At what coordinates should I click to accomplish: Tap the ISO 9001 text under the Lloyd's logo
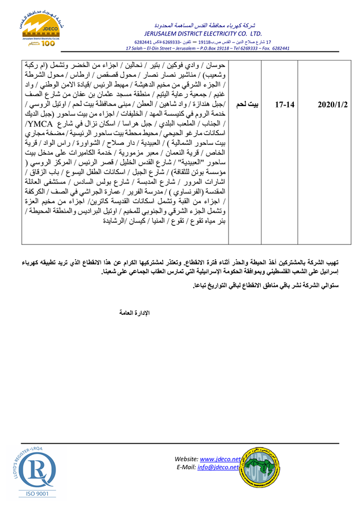tap(35, 494)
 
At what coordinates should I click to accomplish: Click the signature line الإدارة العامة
tap(134, 313)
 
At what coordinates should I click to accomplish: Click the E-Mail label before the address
tap(187, 467)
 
